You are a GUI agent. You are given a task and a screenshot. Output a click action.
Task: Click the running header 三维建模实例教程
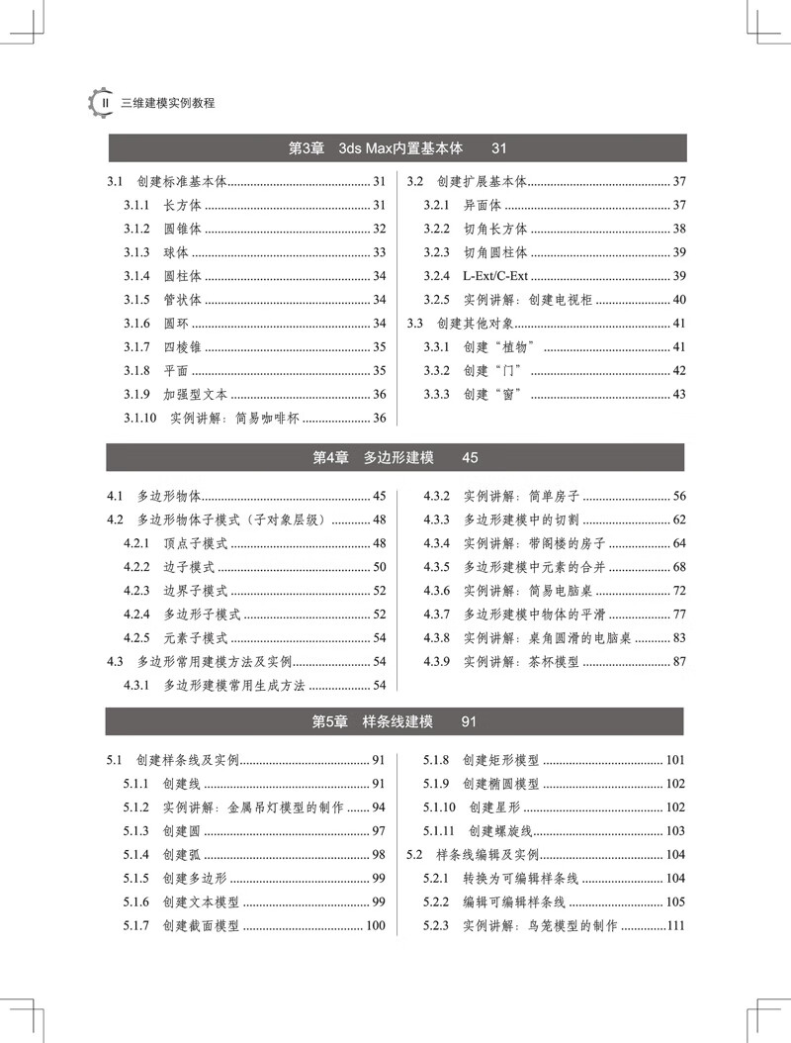click(x=167, y=103)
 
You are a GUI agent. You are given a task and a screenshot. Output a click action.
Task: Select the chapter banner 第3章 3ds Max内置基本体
click(x=396, y=148)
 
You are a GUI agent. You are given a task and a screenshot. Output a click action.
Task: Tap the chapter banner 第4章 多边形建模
click(x=396, y=457)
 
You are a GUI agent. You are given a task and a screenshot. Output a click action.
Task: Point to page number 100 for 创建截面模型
click(x=375, y=926)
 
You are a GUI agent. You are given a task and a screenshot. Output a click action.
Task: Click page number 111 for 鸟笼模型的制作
click(x=675, y=926)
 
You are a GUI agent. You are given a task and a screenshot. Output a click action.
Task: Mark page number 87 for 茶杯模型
click(x=678, y=662)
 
